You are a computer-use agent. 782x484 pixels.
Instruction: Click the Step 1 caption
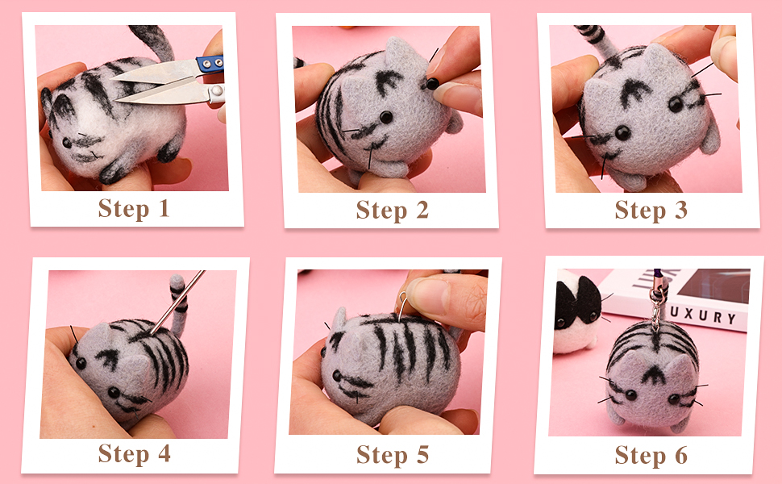pyautogui.click(x=134, y=208)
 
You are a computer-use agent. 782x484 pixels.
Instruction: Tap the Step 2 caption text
pyautogui.click(x=393, y=210)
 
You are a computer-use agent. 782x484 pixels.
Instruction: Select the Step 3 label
pyautogui.click(x=651, y=210)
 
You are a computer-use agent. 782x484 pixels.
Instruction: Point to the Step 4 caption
pyautogui.click(x=134, y=453)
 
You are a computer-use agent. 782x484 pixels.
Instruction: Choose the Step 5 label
pyautogui.click(x=393, y=455)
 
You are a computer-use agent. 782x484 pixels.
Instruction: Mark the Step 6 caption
pyautogui.click(x=651, y=455)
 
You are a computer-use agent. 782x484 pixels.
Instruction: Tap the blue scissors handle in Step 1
pyautogui.click(x=211, y=64)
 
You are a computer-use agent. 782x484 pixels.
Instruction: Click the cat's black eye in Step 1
pyautogui.click(x=66, y=142)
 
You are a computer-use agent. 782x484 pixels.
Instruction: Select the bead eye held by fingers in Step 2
pyautogui.click(x=432, y=84)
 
